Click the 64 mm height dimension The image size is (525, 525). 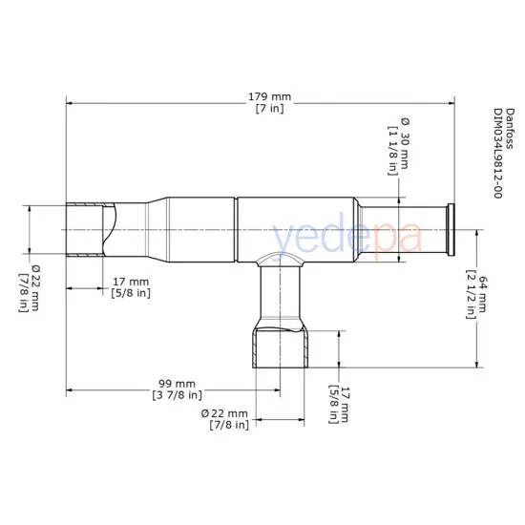pos(484,295)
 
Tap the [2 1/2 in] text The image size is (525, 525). pos(472,295)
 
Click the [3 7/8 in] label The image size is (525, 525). pos(172,394)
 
